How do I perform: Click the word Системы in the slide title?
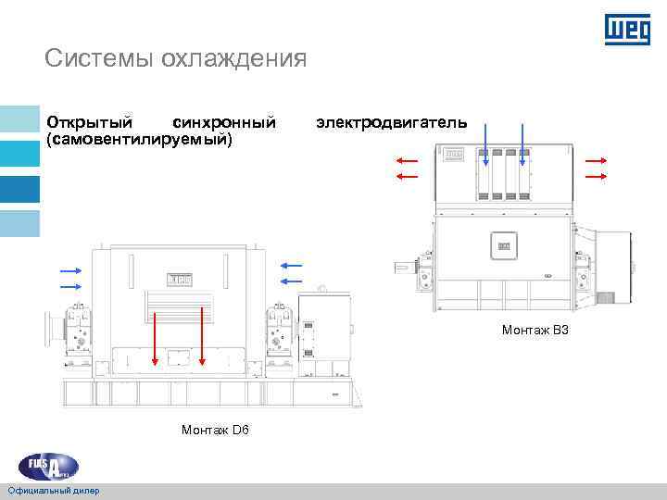coord(99,60)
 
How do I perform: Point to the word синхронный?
coord(224,122)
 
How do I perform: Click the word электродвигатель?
coord(392,122)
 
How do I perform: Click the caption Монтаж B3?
coord(535,330)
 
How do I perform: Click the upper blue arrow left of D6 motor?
coord(71,271)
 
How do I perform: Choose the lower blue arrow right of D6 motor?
coord(291,282)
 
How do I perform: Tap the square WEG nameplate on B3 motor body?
coord(504,246)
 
